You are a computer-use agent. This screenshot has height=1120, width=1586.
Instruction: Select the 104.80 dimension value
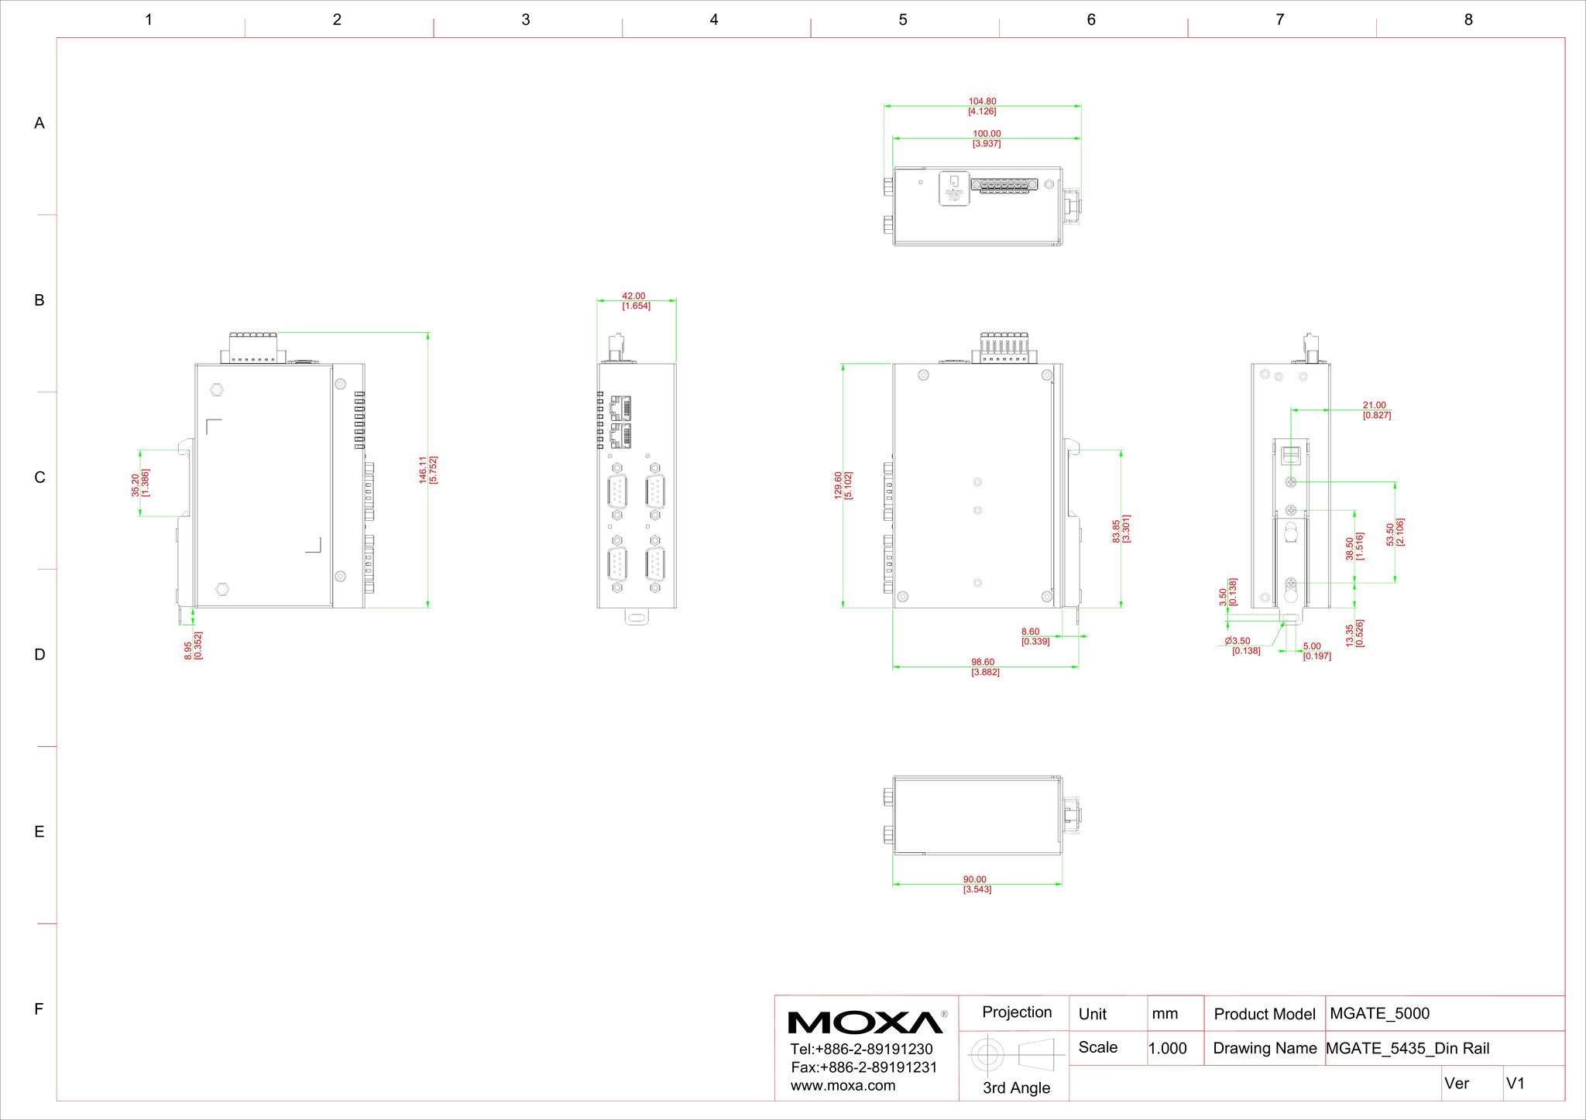983,101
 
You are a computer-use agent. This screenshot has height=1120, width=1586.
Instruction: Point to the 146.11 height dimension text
423,470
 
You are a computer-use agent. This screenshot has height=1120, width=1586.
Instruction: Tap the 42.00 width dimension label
633,296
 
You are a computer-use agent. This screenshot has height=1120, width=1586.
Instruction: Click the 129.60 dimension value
838,485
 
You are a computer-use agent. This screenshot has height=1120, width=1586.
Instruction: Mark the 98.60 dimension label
983,662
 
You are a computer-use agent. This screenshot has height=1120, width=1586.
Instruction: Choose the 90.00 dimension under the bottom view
975,879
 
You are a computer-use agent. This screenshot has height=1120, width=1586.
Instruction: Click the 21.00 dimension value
1375,405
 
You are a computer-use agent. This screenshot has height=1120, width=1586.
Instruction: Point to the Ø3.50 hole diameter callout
1238,641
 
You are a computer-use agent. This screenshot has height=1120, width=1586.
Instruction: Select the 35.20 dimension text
136,485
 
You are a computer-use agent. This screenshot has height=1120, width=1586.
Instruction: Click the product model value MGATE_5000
1379,1014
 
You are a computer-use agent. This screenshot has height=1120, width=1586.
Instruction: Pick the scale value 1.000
1167,1049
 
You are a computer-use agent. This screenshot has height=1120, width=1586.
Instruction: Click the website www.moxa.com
843,1085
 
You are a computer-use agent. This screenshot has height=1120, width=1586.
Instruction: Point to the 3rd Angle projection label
1016,1087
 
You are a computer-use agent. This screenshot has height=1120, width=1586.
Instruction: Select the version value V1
1516,1084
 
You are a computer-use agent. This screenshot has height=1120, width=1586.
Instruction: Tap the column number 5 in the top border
903,20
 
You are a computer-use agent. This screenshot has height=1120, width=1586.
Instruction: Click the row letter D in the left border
39,655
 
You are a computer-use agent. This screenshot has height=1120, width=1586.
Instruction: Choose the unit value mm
1165,1014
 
